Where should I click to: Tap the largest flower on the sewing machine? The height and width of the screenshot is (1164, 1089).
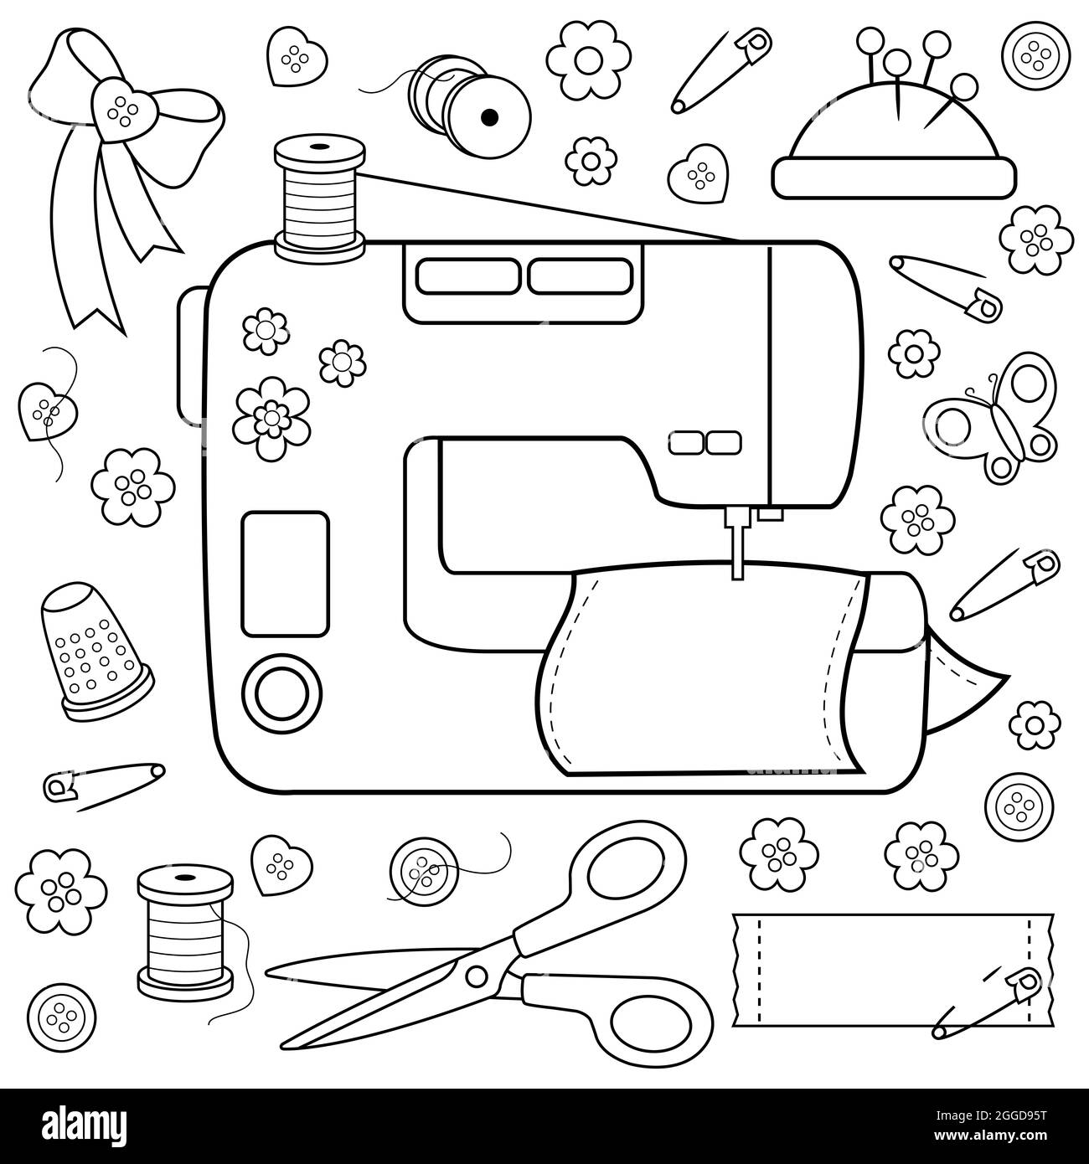tap(270, 417)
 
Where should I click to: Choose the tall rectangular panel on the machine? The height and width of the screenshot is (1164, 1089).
tap(284, 574)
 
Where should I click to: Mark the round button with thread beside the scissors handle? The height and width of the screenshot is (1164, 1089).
tap(424, 877)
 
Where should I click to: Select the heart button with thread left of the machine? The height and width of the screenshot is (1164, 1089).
tap(49, 408)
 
